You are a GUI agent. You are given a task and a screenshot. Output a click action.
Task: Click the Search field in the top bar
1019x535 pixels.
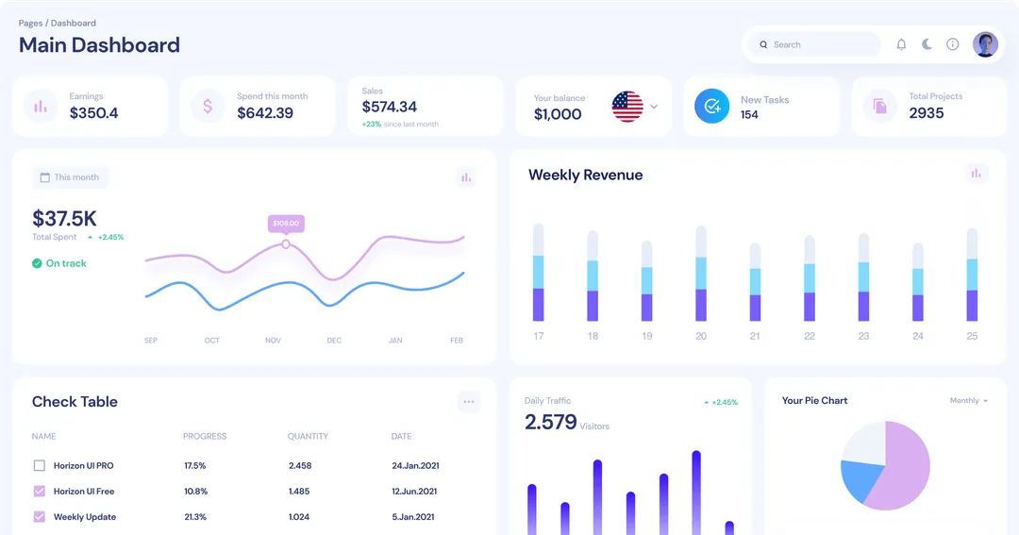coord(816,44)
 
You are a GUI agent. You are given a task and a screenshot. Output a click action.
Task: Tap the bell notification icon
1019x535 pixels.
coord(901,44)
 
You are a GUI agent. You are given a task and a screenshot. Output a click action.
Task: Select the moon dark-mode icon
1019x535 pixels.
coord(927,44)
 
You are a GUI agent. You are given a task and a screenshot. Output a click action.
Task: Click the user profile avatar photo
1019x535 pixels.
coord(985,44)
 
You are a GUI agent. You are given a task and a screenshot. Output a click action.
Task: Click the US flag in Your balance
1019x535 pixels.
coord(627,107)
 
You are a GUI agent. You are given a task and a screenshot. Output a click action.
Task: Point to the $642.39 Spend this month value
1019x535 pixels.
coord(265,113)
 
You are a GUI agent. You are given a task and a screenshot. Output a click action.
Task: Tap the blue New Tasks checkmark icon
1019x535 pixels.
coord(711,107)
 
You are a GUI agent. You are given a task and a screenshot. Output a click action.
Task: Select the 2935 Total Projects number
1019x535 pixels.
coord(927,113)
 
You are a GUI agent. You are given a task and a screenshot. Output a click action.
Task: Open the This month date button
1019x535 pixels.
coord(70,177)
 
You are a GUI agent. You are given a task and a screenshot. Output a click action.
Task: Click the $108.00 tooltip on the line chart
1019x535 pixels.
coord(285,224)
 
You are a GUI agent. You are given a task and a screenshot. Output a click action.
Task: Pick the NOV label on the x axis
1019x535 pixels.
coord(273,341)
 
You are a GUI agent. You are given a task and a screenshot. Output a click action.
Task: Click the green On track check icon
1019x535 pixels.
coord(37,263)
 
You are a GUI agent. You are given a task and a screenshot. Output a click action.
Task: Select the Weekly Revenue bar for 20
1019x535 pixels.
coord(701,274)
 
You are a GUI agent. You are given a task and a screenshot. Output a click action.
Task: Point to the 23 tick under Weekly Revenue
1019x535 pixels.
coord(863,336)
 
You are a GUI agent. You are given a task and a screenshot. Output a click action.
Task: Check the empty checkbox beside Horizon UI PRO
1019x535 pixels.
coord(40,465)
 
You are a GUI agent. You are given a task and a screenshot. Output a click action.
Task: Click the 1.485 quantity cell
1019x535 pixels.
coord(299,492)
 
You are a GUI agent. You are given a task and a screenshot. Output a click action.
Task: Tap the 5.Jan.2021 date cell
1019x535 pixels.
coord(412,517)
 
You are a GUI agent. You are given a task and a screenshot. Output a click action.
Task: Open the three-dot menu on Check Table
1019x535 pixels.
coord(468,402)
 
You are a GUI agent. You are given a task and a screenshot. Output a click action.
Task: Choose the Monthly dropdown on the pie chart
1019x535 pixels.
coord(969,401)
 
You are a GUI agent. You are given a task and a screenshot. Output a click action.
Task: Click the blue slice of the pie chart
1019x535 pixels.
coord(858,479)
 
